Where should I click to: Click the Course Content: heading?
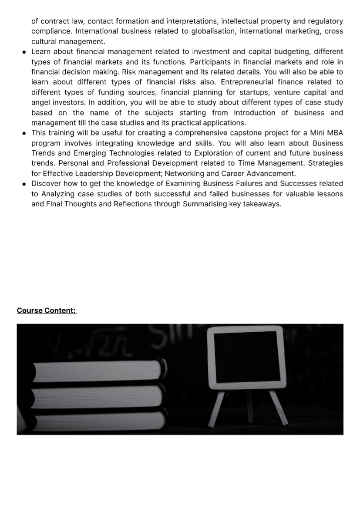[47, 311]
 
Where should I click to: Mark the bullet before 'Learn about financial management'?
[24, 52]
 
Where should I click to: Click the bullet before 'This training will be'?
[24, 133]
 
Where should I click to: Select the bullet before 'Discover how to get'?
[24, 184]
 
